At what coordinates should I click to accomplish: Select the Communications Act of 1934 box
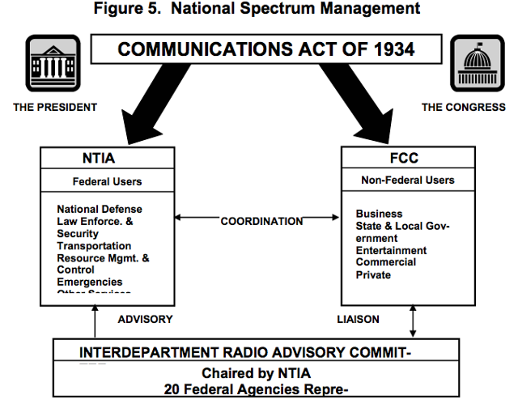pos(265,50)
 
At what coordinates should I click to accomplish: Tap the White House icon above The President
pos(55,65)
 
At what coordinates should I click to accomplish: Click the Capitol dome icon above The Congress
pos(476,64)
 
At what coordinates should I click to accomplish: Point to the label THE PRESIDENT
pos(55,107)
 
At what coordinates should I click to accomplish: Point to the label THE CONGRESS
pos(463,107)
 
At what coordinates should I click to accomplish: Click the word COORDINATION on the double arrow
pos(261,221)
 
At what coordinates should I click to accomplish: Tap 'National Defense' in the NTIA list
pos(100,209)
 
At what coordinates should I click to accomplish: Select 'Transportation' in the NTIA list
pos(94,245)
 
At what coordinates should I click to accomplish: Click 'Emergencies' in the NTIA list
pos(90,282)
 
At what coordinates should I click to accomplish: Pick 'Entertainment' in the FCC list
pos(391,251)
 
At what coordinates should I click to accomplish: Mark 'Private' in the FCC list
pos(373,275)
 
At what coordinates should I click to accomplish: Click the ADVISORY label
pos(145,319)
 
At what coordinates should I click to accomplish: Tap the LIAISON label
pos(358,319)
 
